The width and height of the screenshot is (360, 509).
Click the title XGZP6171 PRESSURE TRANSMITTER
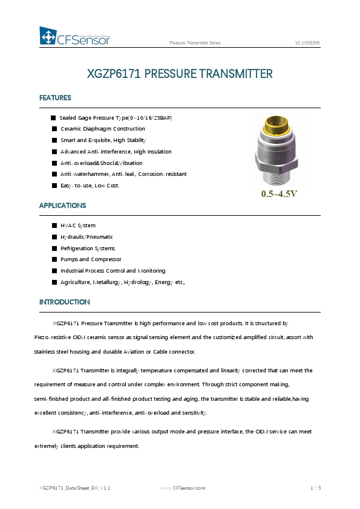point(180,74)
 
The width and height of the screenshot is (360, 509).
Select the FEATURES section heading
point(55,98)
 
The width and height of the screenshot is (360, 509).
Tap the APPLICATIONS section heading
point(62,206)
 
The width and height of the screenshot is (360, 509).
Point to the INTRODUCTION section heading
point(64,302)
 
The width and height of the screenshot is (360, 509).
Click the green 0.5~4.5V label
point(279,194)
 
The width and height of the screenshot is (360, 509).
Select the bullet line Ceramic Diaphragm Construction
point(102,129)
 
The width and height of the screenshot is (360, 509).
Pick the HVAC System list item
point(77,225)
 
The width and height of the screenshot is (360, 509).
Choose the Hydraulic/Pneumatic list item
point(87,237)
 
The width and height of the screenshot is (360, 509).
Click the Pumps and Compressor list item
point(91,259)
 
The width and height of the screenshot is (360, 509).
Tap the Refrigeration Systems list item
point(87,248)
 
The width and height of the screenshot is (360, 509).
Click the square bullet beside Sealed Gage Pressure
point(53,117)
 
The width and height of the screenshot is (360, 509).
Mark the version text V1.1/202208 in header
point(307,44)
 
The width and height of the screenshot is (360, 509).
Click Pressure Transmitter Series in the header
point(195,44)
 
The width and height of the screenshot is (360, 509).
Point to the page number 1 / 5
point(315,487)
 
